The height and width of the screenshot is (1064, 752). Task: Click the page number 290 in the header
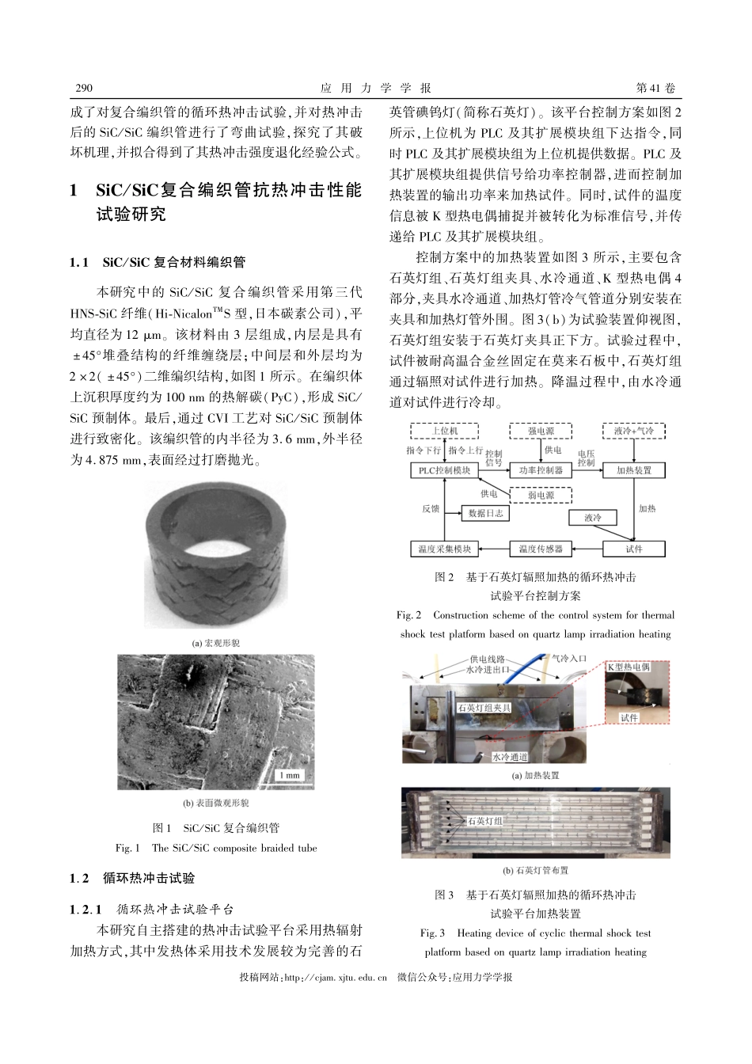(83, 88)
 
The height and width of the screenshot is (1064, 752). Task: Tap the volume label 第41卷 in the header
(657, 88)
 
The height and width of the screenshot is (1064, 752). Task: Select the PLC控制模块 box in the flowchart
(444, 470)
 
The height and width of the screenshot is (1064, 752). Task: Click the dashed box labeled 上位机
(444, 431)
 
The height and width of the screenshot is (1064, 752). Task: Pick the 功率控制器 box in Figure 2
(541, 470)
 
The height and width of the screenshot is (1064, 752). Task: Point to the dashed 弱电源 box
(541, 495)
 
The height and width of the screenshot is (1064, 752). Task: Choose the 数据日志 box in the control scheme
(485, 513)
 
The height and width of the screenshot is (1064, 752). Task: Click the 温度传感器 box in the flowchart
(541, 549)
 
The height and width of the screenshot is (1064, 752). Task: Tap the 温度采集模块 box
(444, 549)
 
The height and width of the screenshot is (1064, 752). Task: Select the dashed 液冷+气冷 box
(633, 431)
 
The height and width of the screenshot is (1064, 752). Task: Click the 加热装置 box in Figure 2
(633, 470)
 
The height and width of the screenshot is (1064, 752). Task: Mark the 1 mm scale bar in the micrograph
(289, 775)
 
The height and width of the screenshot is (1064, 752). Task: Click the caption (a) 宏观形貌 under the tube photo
(215, 643)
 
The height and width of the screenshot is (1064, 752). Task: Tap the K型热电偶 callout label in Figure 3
(629, 667)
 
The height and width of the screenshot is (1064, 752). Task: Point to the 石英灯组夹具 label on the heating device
(484, 707)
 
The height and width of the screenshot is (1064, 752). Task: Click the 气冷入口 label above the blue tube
(569, 659)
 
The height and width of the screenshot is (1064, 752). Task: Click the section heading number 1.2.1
(85, 910)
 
